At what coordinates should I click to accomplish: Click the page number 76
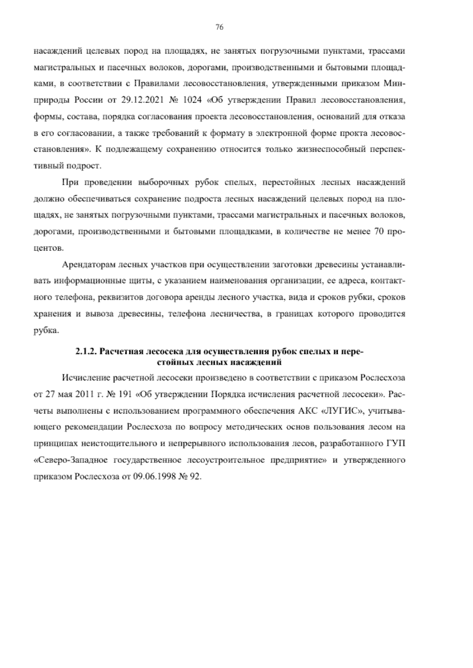(x=220, y=27)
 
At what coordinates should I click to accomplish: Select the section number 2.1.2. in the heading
(x=86, y=352)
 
